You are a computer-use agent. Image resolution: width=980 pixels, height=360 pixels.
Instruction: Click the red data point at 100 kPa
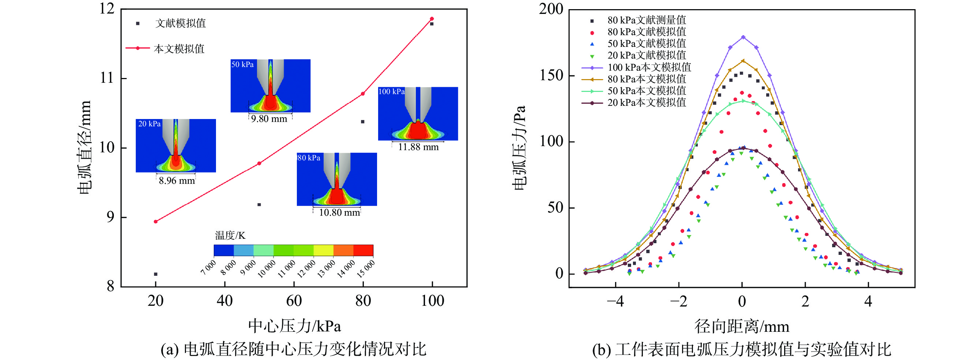(x=432, y=19)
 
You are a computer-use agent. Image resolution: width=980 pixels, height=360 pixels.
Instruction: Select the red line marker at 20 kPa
(x=156, y=222)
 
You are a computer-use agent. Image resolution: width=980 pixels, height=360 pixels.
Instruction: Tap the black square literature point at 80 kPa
(x=362, y=122)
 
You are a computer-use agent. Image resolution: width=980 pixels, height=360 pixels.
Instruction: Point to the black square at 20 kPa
(x=156, y=274)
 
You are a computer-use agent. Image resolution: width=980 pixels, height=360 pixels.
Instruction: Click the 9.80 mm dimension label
(x=269, y=119)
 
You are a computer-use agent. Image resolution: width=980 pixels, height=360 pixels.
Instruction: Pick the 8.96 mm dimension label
(x=176, y=181)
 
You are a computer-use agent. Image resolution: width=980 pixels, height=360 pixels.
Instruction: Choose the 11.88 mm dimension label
(x=418, y=147)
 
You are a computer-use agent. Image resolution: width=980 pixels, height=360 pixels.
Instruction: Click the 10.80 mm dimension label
(x=339, y=213)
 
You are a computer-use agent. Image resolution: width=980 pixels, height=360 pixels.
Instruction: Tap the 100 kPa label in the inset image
(x=391, y=92)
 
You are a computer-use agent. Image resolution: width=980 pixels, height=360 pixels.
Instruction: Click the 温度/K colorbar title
(x=230, y=235)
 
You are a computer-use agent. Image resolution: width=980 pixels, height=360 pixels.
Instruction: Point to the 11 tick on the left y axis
(x=107, y=78)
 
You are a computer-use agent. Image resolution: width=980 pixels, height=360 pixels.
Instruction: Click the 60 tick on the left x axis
(x=294, y=301)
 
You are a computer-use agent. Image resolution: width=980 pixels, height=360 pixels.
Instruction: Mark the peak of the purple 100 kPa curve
(x=743, y=37)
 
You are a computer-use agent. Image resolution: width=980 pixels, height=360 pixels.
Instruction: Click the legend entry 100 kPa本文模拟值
(x=649, y=67)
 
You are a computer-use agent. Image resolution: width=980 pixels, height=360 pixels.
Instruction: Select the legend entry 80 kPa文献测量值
(x=647, y=20)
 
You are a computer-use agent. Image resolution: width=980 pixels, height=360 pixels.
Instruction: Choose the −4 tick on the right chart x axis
(x=615, y=302)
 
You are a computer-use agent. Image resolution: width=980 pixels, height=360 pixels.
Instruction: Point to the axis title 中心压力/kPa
(x=294, y=326)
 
